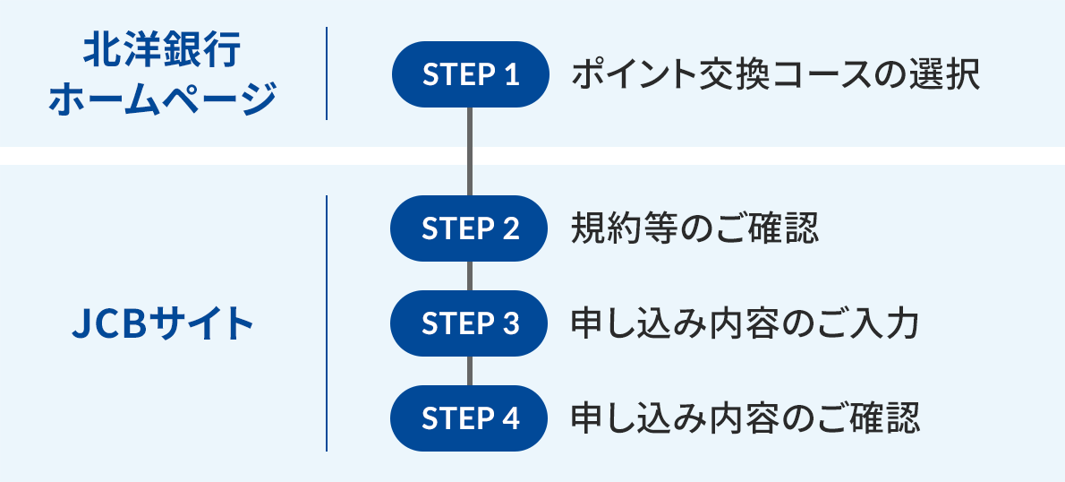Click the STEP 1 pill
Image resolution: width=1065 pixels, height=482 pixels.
click(470, 74)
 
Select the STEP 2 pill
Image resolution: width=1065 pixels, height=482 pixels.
click(470, 228)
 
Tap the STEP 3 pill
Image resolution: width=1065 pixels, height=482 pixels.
click(470, 323)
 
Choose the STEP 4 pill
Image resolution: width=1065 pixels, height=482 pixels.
click(470, 418)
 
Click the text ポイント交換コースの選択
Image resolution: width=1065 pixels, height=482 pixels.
click(776, 74)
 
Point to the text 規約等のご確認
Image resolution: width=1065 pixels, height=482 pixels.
click(694, 228)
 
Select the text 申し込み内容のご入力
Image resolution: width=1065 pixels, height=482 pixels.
click(745, 323)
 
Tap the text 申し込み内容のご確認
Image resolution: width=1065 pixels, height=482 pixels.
click(745, 418)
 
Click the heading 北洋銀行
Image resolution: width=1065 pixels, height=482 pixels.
click(162, 52)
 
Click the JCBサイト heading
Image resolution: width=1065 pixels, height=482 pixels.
click(162, 323)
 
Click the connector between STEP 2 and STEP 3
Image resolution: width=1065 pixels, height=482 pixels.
click(470, 276)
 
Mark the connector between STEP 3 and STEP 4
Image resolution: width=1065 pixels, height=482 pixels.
click(470, 371)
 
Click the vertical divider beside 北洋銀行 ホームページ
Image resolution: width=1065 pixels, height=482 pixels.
click(327, 73)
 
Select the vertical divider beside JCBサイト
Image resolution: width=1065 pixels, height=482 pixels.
click(327, 323)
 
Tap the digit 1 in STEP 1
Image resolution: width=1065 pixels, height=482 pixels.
click(511, 74)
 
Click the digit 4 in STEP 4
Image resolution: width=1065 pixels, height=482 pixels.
click(511, 418)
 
